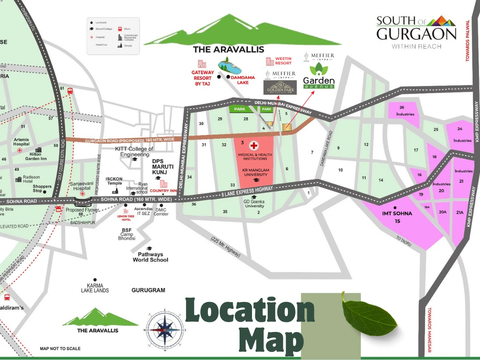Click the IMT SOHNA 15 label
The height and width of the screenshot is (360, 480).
[x=397, y=217]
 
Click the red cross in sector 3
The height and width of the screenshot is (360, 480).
[x=254, y=146]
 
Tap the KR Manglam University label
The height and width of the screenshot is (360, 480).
[x=253, y=172]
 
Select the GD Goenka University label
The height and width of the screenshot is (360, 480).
[x=254, y=204]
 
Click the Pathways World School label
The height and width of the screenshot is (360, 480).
[x=150, y=257]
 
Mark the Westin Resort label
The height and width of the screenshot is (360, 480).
[x=283, y=61]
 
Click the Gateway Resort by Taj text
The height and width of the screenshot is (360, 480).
[x=203, y=78]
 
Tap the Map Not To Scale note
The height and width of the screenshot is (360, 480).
[x=60, y=349]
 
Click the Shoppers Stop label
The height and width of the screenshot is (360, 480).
[x=42, y=188]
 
